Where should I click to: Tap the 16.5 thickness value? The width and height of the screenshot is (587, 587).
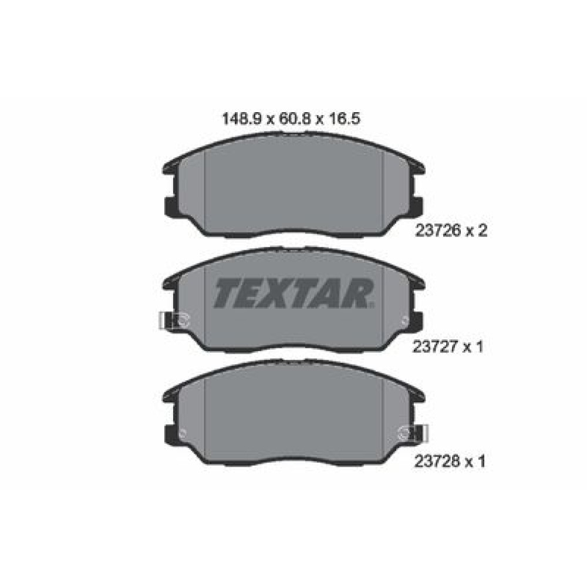pos(345,119)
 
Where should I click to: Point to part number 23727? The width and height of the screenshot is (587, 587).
pos(435,347)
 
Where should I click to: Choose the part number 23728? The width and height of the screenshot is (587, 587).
pos(437,461)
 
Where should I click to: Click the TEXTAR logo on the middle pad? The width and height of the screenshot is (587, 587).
pos(294,293)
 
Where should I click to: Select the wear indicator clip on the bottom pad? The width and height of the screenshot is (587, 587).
pos(413,434)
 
